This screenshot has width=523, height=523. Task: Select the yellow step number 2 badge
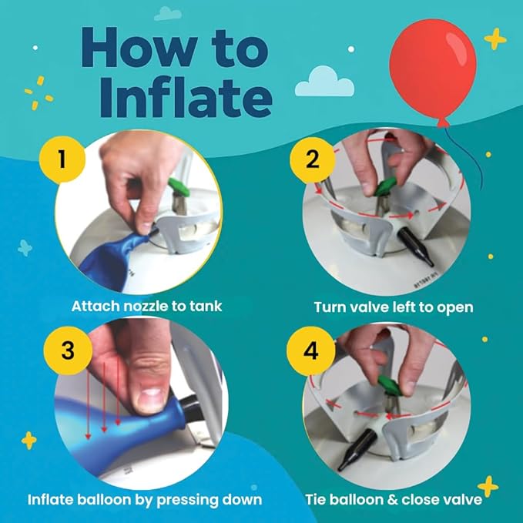313,159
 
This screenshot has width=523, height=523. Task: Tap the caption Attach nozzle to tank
146,306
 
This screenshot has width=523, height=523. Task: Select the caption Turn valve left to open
393,307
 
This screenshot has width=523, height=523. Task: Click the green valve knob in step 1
179,188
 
